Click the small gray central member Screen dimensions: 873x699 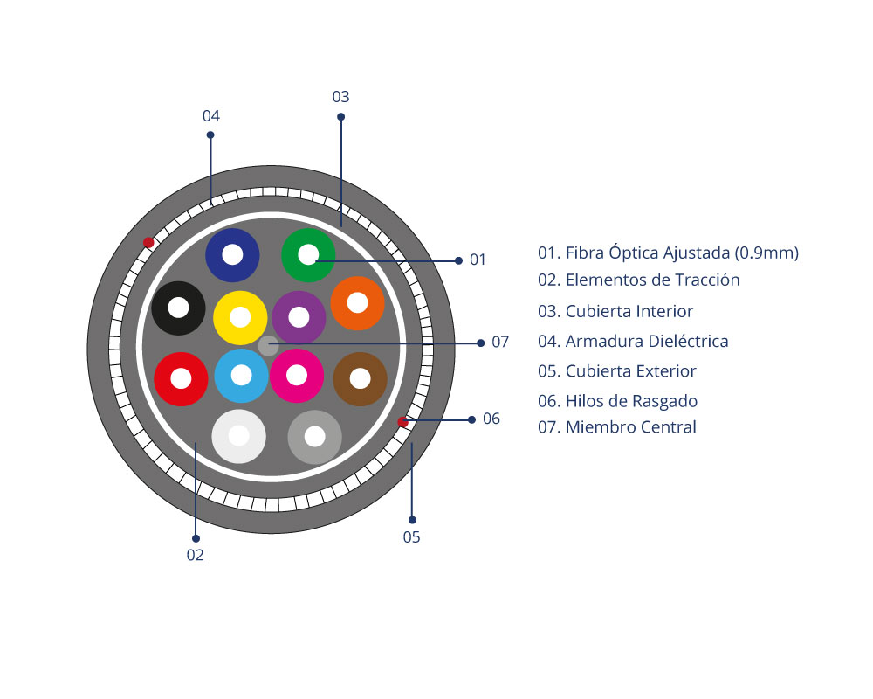tap(268, 346)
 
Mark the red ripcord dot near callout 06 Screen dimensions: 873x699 tap(402, 422)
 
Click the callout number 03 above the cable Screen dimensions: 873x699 tap(340, 97)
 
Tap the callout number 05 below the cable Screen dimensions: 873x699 tap(411, 537)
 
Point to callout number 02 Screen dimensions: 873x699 tap(195, 555)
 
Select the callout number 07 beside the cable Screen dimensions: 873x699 tap(500, 342)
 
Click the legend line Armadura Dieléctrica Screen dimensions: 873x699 tap(633, 341)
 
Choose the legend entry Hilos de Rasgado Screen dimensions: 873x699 tap(617, 401)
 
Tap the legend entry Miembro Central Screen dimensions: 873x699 tap(617, 427)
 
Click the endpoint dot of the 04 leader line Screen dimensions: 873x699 tap(210, 135)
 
